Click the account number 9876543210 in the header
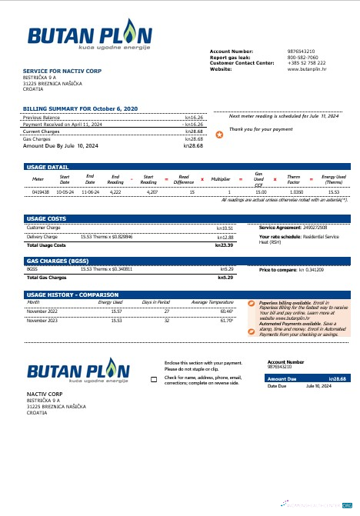tap(301, 51)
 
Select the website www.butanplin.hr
tap(305, 69)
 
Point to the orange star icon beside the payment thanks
tap(219, 135)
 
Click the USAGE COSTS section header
tap(46, 219)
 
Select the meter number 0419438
tap(41, 191)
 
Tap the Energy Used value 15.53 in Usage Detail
tap(334, 191)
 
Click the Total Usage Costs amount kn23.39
tap(224, 245)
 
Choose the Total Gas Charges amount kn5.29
tap(225, 277)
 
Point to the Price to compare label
tap(278, 270)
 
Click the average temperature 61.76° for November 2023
tap(205, 320)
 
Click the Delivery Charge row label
tap(42, 237)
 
